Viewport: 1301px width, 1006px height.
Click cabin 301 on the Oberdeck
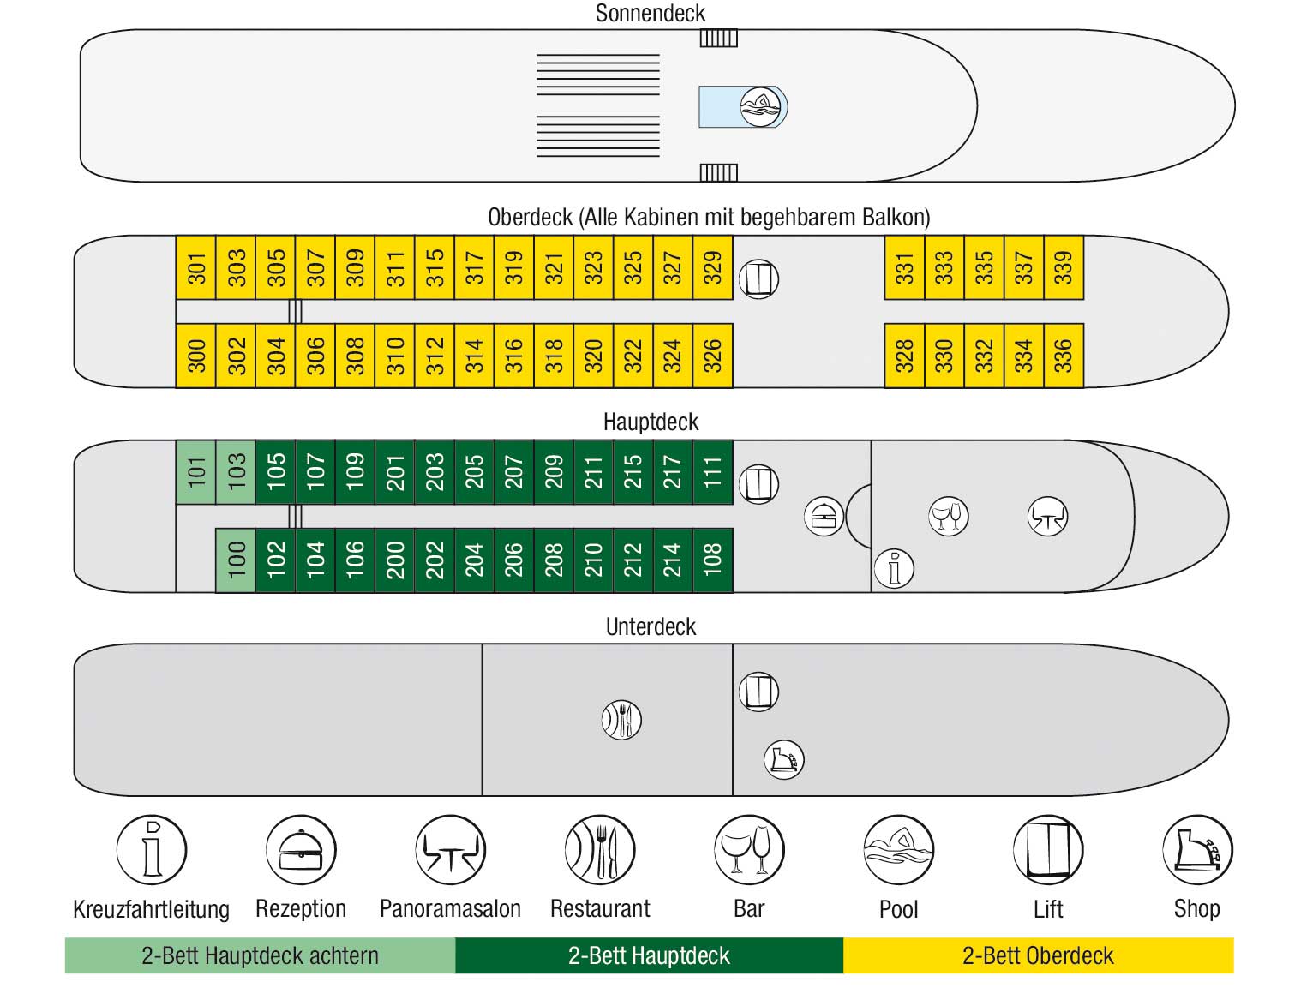tap(195, 266)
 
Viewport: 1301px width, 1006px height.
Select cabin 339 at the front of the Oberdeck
tap(1064, 266)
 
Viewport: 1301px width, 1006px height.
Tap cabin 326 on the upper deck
tap(712, 356)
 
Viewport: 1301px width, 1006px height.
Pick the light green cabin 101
tap(195, 472)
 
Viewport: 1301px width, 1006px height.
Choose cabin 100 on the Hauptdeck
tap(236, 560)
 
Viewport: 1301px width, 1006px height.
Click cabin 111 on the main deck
tap(712, 472)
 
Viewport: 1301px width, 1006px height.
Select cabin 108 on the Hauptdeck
tap(712, 560)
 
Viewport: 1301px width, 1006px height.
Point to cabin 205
tap(474, 472)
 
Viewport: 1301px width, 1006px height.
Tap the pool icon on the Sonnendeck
tap(760, 107)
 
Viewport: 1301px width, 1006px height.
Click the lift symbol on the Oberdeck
tap(758, 278)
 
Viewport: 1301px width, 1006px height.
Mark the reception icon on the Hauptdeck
tap(824, 517)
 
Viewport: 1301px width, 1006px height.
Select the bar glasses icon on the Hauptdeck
tap(949, 517)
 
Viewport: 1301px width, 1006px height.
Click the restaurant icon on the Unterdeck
tap(621, 719)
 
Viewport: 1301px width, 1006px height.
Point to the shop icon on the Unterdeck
tap(784, 759)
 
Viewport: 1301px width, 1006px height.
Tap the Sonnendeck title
tap(650, 13)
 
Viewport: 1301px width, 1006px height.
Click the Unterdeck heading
tap(650, 626)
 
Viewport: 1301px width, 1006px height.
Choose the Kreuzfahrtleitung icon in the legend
tap(152, 850)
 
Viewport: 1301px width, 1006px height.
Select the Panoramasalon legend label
tap(450, 908)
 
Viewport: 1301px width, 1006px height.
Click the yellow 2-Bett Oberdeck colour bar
tap(1038, 955)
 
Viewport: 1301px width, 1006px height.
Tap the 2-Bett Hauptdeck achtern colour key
tap(260, 955)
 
